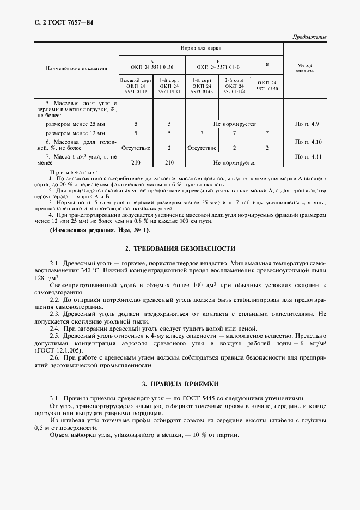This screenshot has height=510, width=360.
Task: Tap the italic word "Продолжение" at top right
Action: click(309, 37)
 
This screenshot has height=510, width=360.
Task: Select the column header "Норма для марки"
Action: click(201, 48)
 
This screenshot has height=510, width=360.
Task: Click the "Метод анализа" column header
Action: click(305, 68)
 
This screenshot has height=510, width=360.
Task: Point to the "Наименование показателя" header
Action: click(69, 68)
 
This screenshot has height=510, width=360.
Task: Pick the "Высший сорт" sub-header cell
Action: click(136, 80)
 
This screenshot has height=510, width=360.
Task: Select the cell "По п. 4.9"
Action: click(305, 124)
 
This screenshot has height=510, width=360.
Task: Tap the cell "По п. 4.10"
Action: click(305, 142)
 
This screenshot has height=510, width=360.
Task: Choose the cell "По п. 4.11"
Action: click(305, 156)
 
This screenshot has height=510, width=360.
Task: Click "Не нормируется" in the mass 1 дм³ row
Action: click(235, 162)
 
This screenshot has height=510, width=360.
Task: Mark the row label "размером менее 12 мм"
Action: click(76, 133)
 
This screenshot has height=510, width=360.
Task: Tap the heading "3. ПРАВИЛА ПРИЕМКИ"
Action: click(180, 383)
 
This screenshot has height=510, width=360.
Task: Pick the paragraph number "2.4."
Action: click(55, 329)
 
